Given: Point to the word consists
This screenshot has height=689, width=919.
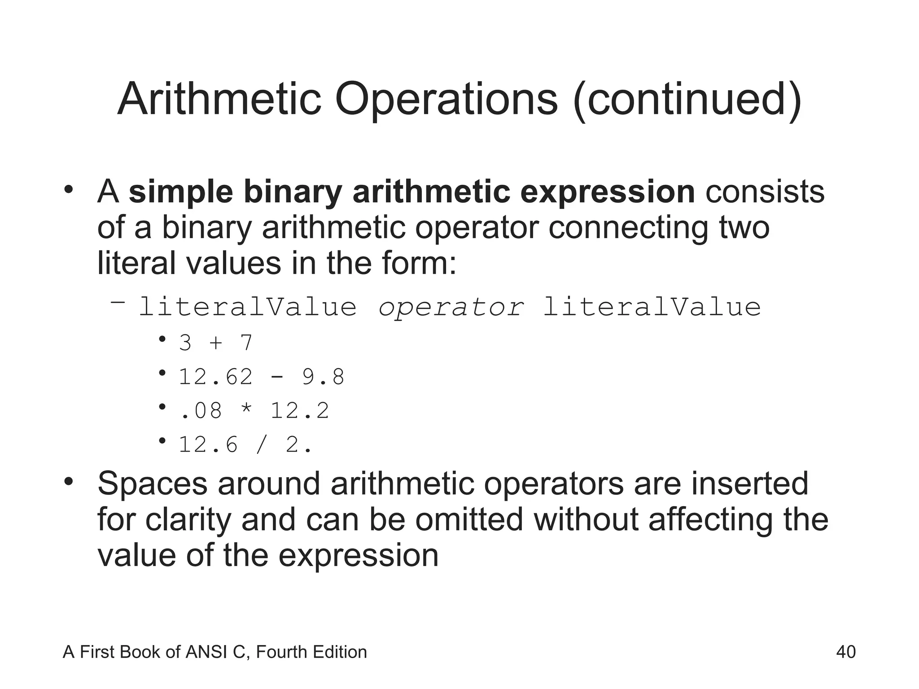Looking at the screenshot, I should [x=765, y=192].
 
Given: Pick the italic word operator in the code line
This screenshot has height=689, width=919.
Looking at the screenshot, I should [x=451, y=308].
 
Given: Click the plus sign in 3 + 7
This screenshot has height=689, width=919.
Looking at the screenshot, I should [x=216, y=343].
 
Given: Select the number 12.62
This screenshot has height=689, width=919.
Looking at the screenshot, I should [x=215, y=377].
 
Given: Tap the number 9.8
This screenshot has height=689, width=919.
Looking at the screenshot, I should [x=323, y=377].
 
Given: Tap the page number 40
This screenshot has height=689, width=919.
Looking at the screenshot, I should [x=846, y=652].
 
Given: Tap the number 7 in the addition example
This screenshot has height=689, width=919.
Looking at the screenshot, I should [x=246, y=343].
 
